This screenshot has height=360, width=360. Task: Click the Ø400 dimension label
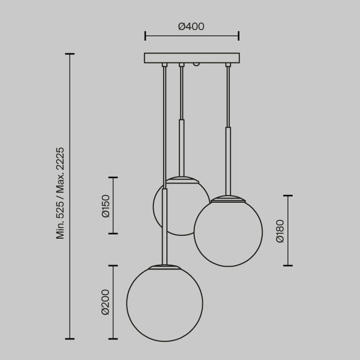pyautogui.click(x=191, y=26)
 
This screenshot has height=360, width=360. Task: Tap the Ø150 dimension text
pyautogui.click(x=106, y=205)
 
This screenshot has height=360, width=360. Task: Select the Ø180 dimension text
pyautogui.click(x=280, y=230)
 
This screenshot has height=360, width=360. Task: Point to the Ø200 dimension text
pyautogui.click(x=105, y=302)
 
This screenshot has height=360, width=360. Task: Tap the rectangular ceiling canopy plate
pyautogui.click(x=191, y=58)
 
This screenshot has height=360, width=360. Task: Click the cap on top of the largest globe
pyautogui.click(x=163, y=266)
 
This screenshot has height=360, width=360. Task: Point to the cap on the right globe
pyautogui.click(x=227, y=198)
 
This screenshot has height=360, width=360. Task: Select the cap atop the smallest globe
pyautogui.click(x=181, y=178)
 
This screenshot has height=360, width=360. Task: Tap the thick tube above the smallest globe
pyautogui.click(x=181, y=147)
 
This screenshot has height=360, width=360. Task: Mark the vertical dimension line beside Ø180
pyautogui.click(x=289, y=230)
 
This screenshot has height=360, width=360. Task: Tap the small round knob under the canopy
pyautogui.click(x=196, y=64)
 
